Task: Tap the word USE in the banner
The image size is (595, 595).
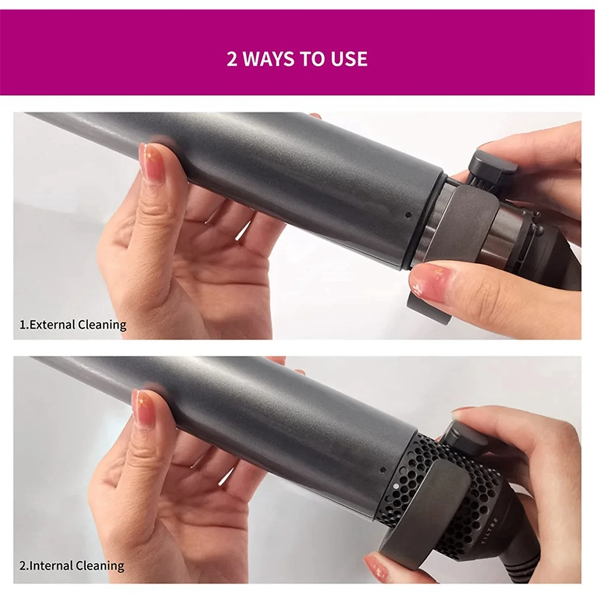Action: [347, 59]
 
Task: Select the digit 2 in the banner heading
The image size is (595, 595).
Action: [232, 59]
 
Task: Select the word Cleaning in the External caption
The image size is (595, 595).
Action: [103, 325]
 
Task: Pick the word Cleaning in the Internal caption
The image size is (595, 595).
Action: [100, 566]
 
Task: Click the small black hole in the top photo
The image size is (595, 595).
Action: [408, 215]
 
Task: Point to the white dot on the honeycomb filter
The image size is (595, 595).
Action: [395, 486]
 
